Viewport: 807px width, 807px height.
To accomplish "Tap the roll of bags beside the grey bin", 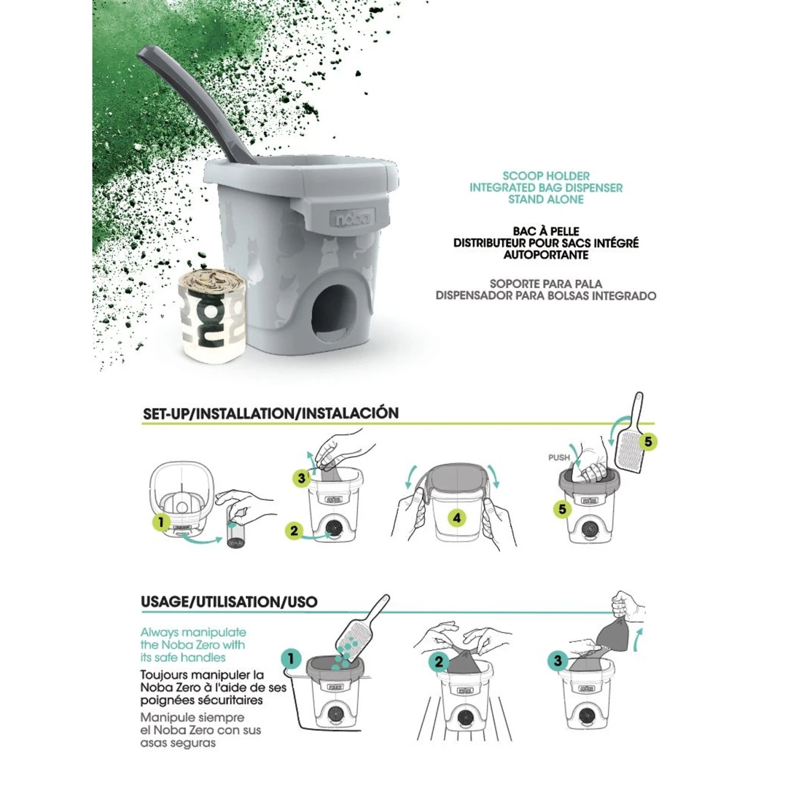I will tap(212, 315).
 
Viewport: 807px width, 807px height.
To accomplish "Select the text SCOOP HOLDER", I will tap(546, 176).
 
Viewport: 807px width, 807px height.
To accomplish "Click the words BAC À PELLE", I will tap(546, 231).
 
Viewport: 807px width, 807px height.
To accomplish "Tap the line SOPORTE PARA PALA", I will tap(546, 284).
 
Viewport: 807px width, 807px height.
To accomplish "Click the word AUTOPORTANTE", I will tap(546, 255).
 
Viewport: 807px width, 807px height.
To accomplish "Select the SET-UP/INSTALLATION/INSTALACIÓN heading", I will tap(271, 413).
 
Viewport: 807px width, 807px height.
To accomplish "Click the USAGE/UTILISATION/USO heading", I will tap(229, 601).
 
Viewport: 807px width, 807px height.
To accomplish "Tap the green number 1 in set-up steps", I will tap(160, 522).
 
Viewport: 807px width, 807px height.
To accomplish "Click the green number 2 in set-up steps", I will tap(294, 531).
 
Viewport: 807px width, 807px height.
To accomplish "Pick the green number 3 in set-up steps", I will tap(301, 478).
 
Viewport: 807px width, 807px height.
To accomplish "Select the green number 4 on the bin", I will tap(457, 518).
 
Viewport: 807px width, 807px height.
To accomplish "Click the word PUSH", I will tap(558, 457).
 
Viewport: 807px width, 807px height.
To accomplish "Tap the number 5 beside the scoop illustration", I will tap(648, 442).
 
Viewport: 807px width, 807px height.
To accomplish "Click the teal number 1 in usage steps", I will tap(291, 659).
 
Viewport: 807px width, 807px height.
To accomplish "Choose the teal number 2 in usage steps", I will tap(439, 662).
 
